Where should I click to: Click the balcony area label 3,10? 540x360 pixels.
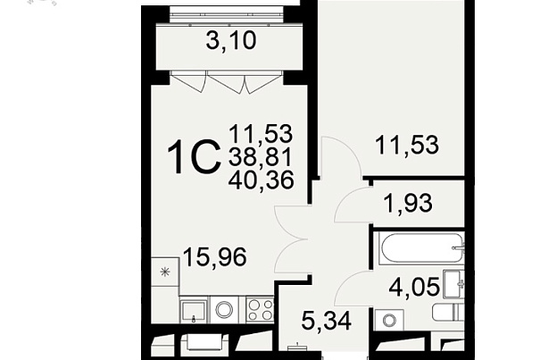pos(231,41)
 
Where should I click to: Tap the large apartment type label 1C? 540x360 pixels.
pos(194,157)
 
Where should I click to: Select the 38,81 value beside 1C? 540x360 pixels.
pos(261,156)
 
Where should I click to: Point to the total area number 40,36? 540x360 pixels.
pos(261,180)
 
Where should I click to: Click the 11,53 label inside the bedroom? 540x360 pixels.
pos(407,145)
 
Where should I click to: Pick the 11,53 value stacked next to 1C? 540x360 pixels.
pos(261,133)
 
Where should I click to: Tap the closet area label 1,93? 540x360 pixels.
pos(407,203)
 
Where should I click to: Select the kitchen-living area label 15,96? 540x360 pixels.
pos(215,256)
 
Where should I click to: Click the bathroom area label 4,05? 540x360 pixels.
pos(414,286)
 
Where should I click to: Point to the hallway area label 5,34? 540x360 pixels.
pos(326,321)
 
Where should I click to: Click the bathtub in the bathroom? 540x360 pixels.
pos(421,248)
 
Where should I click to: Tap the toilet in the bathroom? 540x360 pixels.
pos(448,312)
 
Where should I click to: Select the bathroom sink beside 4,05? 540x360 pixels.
pos(454,284)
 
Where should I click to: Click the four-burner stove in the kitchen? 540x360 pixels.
pos(260,310)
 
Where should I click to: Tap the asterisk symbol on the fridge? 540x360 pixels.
pos(165,272)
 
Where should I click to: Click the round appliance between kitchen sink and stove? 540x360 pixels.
pos(224,310)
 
